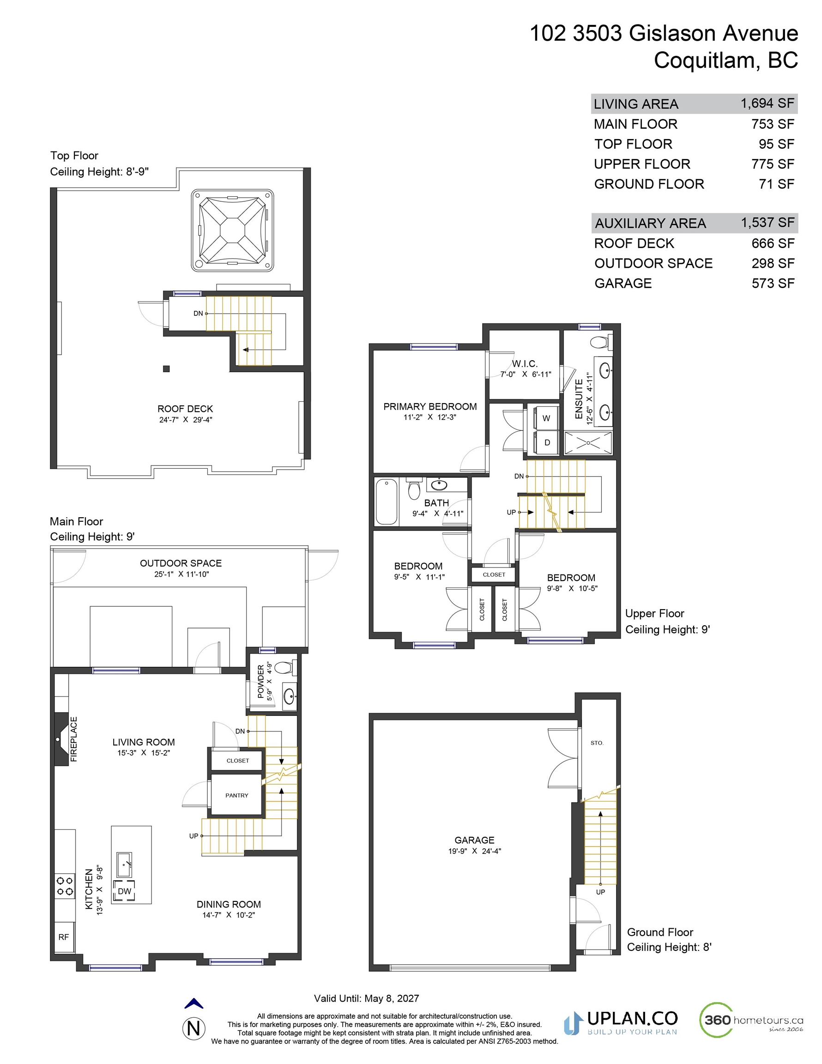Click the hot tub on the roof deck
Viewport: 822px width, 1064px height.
pyautogui.click(x=232, y=230)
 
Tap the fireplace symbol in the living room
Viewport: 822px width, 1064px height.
pyautogui.click(x=61, y=739)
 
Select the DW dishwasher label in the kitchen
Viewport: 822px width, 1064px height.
pyautogui.click(x=125, y=891)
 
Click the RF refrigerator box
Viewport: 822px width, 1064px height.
pyautogui.click(x=64, y=937)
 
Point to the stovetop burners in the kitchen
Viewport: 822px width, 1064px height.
pyautogui.click(x=65, y=886)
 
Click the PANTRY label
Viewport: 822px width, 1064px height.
pyautogui.click(x=237, y=796)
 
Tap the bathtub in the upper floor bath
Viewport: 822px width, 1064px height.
pyautogui.click(x=387, y=502)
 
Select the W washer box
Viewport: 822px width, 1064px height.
pyautogui.click(x=546, y=418)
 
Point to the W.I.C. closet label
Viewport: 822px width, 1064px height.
pyautogui.click(x=525, y=364)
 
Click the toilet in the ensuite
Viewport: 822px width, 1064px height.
pyautogui.click(x=600, y=342)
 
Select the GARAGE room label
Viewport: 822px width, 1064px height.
pyautogui.click(x=475, y=840)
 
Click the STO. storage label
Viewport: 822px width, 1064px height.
pyautogui.click(x=597, y=743)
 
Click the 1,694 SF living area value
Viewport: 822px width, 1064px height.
pyautogui.click(x=768, y=103)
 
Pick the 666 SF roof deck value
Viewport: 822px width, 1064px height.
pyautogui.click(x=773, y=243)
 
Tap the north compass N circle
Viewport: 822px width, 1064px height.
pyautogui.click(x=194, y=1028)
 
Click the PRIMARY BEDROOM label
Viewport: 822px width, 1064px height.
pyautogui.click(x=430, y=406)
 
